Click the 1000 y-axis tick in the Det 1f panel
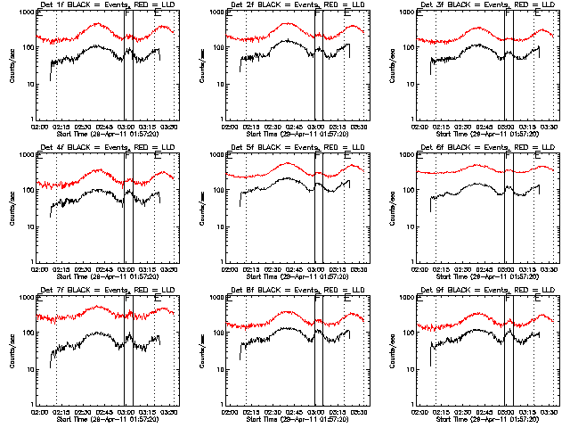(28, 12)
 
